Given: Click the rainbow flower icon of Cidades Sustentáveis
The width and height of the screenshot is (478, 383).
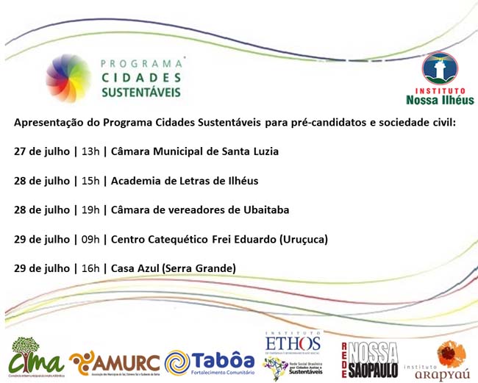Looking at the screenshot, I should (x=69, y=79).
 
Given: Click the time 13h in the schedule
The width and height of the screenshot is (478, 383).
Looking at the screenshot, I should (x=90, y=151).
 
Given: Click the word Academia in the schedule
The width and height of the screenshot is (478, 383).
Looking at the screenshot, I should (x=135, y=180).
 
